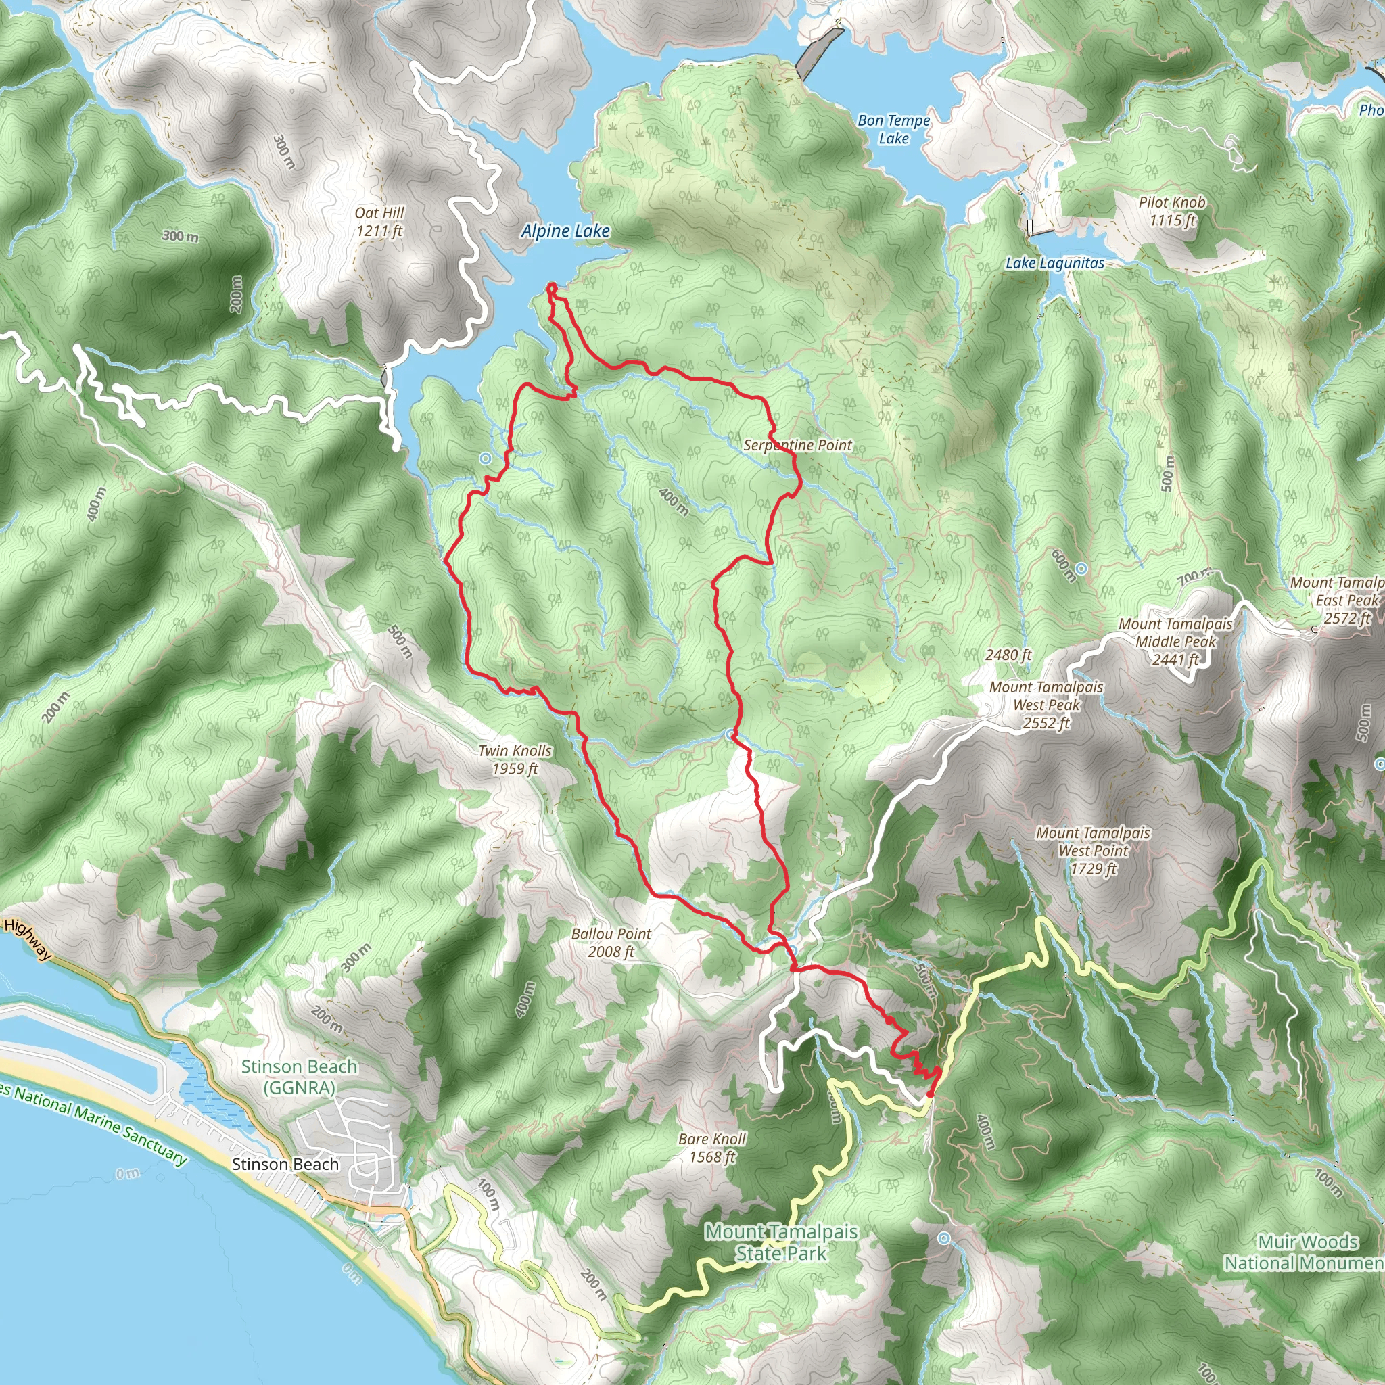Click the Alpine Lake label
[x=565, y=231]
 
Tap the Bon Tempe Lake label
[x=893, y=130]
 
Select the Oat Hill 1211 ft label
[x=379, y=222]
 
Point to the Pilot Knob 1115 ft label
[x=1172, y=212]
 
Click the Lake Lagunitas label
[x=1054, y=263]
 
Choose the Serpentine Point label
[x=797, y=445]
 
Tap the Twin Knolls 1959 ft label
[x=515, y=760]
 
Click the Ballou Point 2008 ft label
[x=611, y=943]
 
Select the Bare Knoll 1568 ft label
[x=712, y=1148]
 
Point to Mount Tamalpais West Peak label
[x=1046, y=705]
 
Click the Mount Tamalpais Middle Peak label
[x=1175, y=642]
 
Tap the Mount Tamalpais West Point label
[x=1093, y=851]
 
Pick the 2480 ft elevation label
[x=1008, y=655]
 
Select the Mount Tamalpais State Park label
[x=780, y=1242]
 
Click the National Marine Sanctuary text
[x=99, y=1125]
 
